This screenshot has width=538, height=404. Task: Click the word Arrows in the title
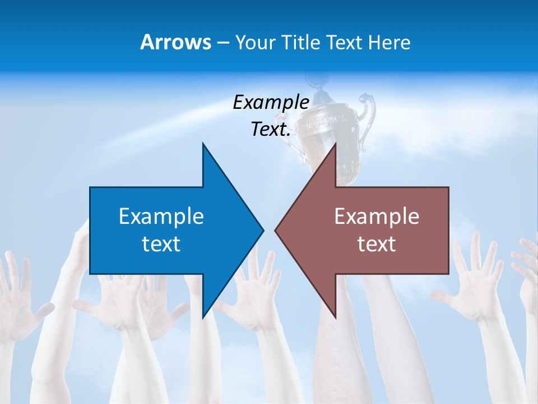pyautogui.click(x=175, y=42)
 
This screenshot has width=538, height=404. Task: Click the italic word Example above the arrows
pyautogui.click(x=271, y=103)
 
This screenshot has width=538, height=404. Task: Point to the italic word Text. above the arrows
pyautogui.click(x=271, y=130)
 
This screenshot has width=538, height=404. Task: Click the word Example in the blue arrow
pyautogui.click(x=161, y=216)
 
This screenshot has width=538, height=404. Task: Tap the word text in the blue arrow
pyautogui.click(x=161, y=244)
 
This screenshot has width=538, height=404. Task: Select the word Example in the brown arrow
pyautogui.click(x=377, y=216)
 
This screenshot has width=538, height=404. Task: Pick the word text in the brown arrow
pyautogui.click(x=377, y=244)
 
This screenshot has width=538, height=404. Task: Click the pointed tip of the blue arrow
pyautogui.click(x=263, y=230)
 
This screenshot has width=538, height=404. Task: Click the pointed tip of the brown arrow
pyautogui.click(x=275, y=230)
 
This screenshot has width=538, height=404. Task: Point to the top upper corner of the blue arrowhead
pyautogui.click(x=203, y=143)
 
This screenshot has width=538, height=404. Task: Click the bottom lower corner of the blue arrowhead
pyautogui.click(x=203, y=318)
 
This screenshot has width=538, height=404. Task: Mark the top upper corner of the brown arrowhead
pyautogui.click(x=335, y=143)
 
